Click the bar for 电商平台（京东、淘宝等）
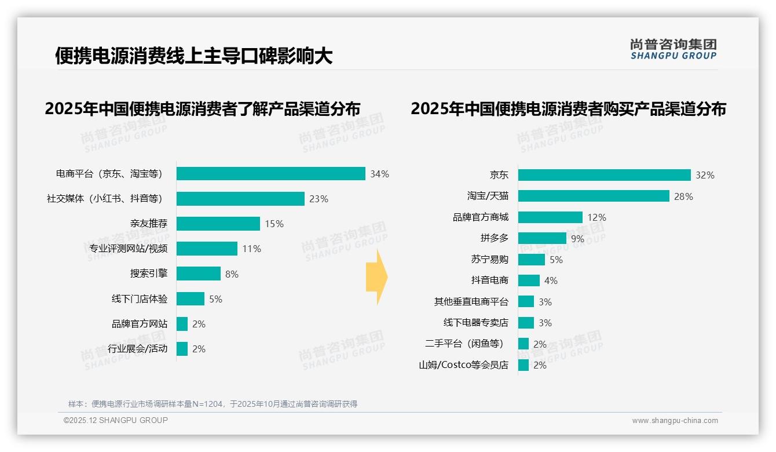click(x=270, y=174)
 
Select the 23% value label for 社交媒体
click(x=319, y=199)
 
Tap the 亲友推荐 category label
click(x=149, y=224)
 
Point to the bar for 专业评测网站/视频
click(x=207, y=249)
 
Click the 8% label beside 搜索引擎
click(x=232, y=274)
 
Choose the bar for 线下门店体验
click(x=191, y=299)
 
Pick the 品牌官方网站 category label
click(x=140, y=324)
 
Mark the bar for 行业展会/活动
click(x=182, y=349)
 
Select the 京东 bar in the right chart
click(x=604, y=175)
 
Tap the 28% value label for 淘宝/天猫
click(x=683, y=196)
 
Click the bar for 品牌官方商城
click(x=550, y=217)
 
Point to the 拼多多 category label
click(x=494, y=238)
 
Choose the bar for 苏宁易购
click(x=532, y=260)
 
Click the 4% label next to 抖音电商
click(x=551, y=280)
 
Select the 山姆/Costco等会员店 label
click(x=463, y=365)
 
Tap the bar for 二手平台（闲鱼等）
click(x=524, y=344)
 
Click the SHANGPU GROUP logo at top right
click(x=673, y=49)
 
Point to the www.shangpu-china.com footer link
click(x=675, y=421)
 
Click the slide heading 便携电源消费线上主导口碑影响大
click(x=193, y=56)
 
